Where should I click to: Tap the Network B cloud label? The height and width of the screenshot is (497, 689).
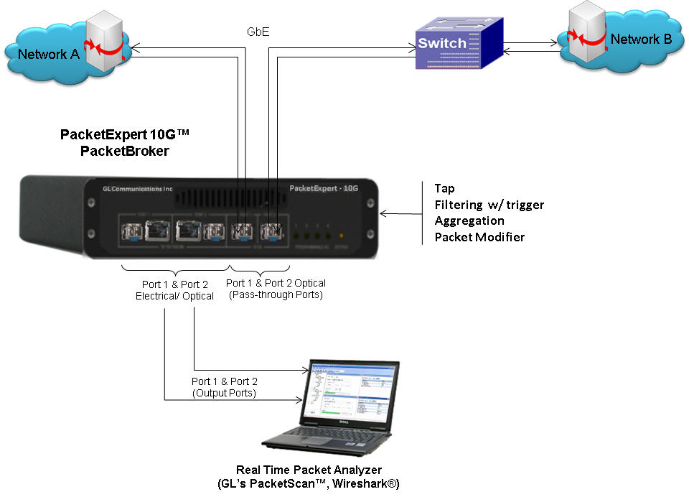641,40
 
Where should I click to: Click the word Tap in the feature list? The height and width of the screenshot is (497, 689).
444,188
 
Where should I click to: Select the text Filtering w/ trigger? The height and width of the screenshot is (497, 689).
489,205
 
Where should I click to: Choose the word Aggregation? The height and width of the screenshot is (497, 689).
469,220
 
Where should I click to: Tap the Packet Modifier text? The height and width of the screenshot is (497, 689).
479,236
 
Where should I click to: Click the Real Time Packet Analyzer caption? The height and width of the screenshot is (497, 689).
309,475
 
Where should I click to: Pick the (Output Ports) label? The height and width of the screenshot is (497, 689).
224,393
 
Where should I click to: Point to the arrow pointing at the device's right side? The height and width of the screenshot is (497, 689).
402,213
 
